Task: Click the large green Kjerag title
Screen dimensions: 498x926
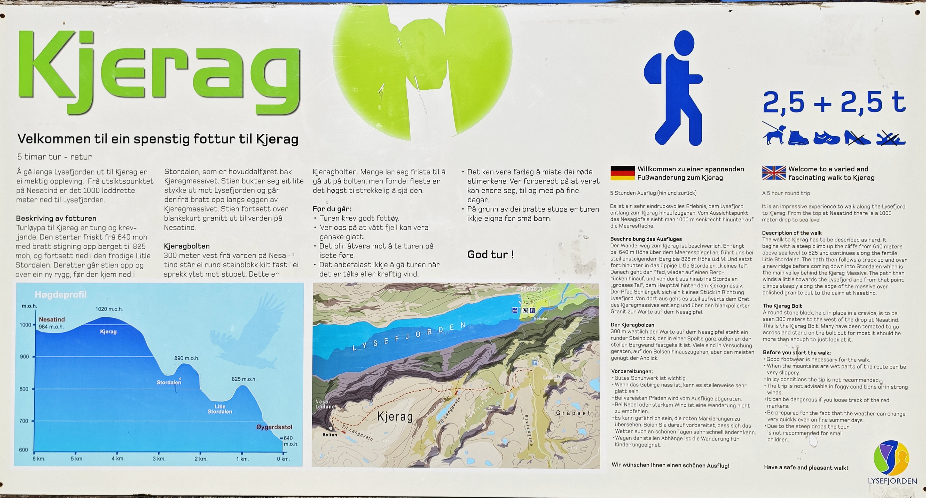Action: click(x=158, y=68)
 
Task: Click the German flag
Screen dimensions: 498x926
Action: click(x=623, y=173)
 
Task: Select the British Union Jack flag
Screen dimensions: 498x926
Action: click(x=774, y=173)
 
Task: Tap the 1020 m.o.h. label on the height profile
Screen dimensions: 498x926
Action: click(x=109, y=309)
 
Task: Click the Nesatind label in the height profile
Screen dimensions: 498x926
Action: click(x=52, y=319)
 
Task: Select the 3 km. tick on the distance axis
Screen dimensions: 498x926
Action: click(x=159, y=459)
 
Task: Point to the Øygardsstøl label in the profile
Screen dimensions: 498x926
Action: click(x=274, y=427)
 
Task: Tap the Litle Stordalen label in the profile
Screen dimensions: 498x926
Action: click(x=220, y=409)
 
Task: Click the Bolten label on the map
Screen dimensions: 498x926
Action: click(x=330, y=435)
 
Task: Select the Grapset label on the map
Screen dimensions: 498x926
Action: click(x=573, y=413)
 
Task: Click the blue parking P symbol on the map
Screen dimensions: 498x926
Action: click(x=535, y=363)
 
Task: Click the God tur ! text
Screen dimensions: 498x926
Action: click(x=490, y=255)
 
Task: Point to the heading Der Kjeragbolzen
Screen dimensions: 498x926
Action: click(x=632, y=325)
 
